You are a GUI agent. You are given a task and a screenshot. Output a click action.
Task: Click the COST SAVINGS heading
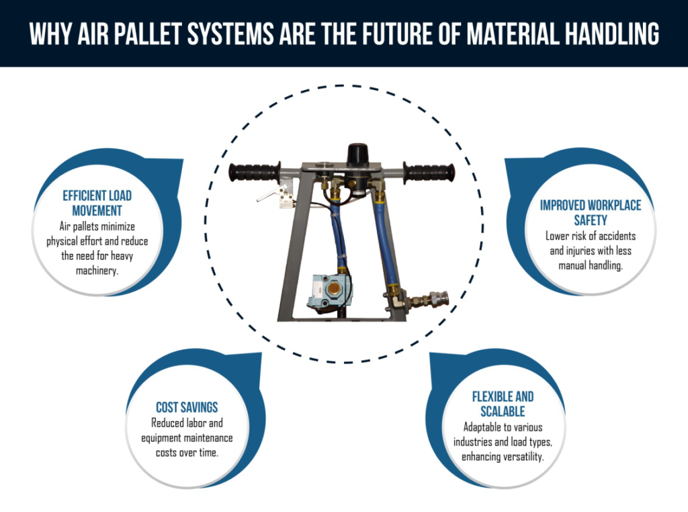187,408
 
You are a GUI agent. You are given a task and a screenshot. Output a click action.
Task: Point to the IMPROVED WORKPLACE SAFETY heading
591,212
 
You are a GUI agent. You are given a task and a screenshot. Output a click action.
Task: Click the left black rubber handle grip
254,173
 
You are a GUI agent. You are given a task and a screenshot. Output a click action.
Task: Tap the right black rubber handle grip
429,173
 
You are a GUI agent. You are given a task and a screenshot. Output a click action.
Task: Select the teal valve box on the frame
325,290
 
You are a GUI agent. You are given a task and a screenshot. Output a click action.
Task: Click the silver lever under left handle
267,198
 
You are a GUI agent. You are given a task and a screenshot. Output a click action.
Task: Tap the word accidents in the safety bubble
612,237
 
